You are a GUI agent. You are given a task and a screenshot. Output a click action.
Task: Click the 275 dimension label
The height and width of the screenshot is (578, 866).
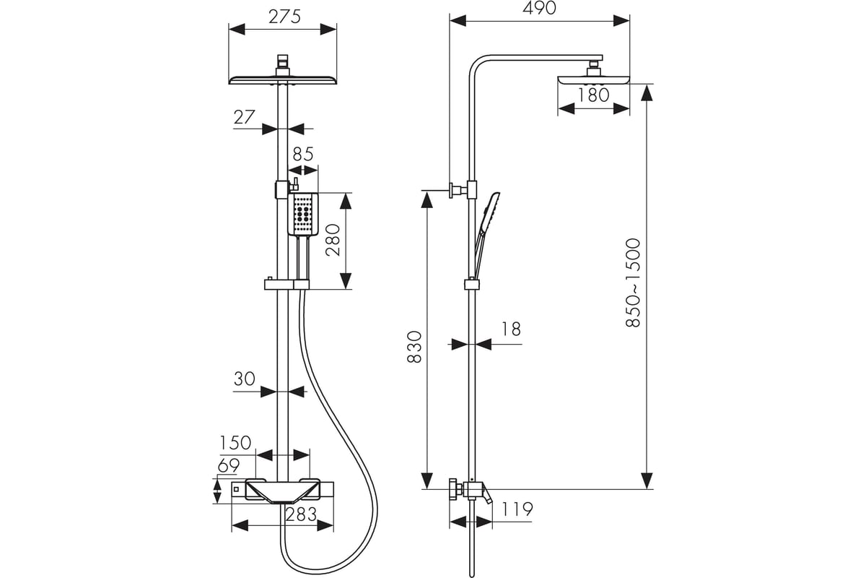tap(284, 17)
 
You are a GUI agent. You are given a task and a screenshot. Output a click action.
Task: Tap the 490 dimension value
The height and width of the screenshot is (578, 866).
tap(539, 8)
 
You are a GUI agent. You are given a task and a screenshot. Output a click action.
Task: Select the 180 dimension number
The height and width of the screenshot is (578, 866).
tap(593, 95)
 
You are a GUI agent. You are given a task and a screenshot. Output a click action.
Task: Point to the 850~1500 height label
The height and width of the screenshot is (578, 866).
tap(633, 282)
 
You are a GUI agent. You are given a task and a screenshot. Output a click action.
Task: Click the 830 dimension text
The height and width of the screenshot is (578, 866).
tap(414, 348)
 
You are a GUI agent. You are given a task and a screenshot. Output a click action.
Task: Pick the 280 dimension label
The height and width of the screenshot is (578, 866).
tap(333, 241)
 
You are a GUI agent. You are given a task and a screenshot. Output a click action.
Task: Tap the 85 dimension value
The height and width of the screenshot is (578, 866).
tap(303, 154)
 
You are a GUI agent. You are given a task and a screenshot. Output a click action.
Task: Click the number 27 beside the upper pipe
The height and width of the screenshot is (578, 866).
tap(245, 117)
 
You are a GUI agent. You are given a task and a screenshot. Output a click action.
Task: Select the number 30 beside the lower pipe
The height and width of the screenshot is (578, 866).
tap(245, 379)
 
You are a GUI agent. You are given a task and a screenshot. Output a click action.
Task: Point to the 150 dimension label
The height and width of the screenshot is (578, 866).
tap(235, 443)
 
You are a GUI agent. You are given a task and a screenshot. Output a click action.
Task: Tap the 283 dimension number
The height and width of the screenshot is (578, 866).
tap(301, 514)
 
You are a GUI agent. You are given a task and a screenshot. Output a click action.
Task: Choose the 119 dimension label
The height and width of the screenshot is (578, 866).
tap(517, 509)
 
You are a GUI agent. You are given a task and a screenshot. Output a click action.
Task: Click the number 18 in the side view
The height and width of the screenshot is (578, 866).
tap(510, 329)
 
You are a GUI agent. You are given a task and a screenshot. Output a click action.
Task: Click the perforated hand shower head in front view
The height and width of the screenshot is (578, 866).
tap(303, 214)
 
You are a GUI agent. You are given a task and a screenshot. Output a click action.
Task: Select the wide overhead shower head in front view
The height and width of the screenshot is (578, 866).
tap(283, 79)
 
